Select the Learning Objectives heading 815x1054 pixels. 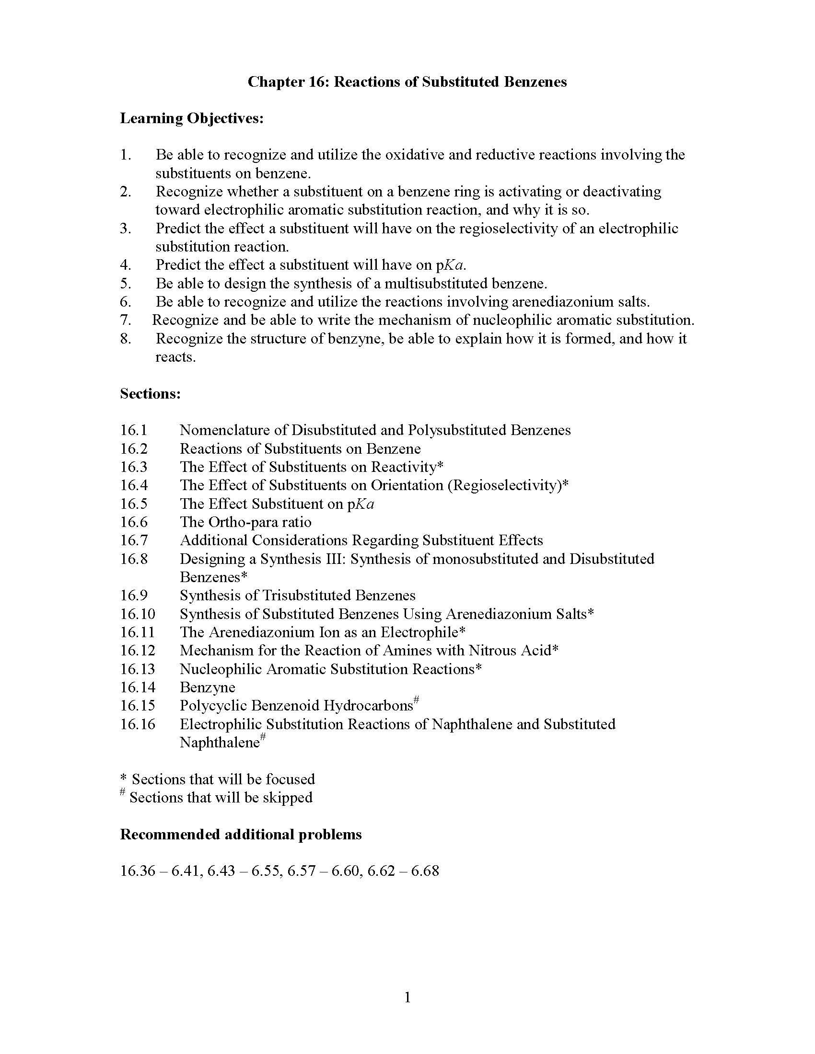192,118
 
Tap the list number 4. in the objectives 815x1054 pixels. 126,265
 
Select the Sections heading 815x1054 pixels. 150,394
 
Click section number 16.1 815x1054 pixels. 134,430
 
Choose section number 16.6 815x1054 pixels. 134,522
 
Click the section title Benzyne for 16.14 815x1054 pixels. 208,687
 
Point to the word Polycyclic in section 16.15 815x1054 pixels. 213,706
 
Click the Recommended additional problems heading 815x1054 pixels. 241,835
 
